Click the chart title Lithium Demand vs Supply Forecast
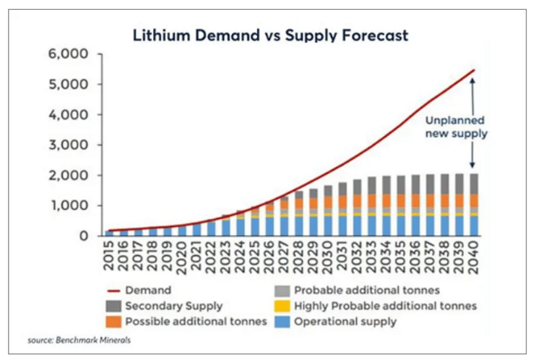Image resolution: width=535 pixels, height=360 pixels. [x=270, y=34]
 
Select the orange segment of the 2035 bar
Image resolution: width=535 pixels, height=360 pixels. [x=401, y=201]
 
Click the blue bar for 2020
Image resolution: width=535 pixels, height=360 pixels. [x=182, y=231]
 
